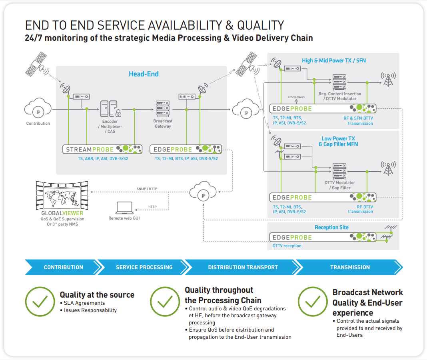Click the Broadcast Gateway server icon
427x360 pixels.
162,108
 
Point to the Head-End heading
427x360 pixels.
144,74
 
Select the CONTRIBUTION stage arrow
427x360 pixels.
63,267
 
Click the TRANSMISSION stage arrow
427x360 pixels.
350,267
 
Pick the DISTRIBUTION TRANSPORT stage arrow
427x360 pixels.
243,267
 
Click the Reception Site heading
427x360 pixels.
331,227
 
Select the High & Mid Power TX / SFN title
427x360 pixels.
334,61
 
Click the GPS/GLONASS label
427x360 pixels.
296,97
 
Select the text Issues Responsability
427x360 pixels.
90,310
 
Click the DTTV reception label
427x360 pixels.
287,246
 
